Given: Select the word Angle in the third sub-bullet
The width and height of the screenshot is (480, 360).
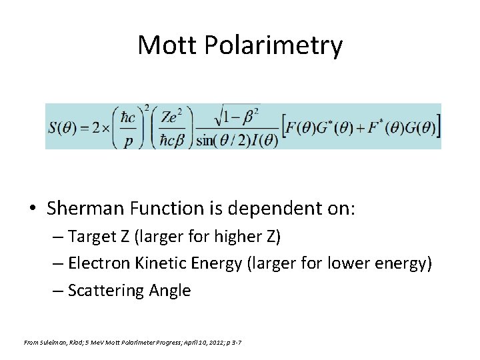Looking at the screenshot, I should pyautogui.click(x=169, y=291).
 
